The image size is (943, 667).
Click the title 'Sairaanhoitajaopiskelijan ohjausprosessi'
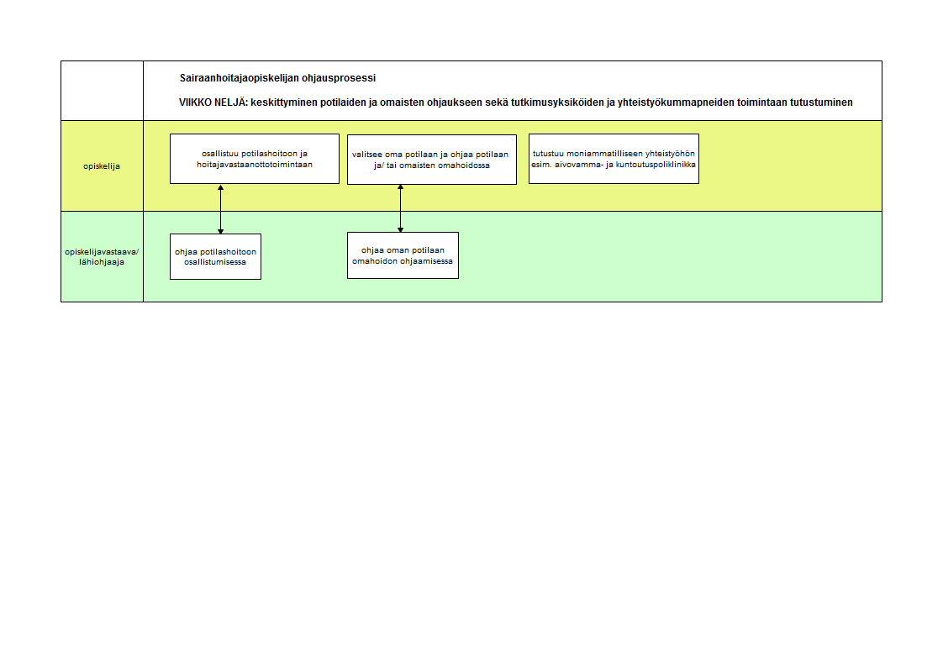277,78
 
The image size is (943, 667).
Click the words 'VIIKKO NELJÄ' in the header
213,102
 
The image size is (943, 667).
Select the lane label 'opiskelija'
102,166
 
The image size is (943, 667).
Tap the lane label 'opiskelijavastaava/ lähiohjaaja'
102,256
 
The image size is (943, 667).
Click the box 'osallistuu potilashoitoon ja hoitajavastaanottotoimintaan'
255,159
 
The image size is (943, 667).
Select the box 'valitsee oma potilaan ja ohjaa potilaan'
432,160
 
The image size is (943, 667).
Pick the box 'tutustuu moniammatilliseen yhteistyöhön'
614,159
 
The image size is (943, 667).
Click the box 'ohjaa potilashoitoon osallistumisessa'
215,256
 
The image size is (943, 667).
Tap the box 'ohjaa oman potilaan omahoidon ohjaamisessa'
403,255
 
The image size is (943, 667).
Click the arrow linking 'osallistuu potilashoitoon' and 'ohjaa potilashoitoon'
221,209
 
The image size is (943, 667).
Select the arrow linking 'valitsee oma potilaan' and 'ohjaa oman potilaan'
401,208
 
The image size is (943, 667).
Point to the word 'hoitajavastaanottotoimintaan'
255,165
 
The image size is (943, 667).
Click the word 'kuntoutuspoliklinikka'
656,165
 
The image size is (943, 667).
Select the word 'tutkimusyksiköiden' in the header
557,102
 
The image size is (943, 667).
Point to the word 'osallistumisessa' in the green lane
215,262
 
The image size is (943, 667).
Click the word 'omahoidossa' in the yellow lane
465,165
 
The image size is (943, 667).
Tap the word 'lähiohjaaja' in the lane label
102,262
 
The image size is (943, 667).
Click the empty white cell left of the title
103,91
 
